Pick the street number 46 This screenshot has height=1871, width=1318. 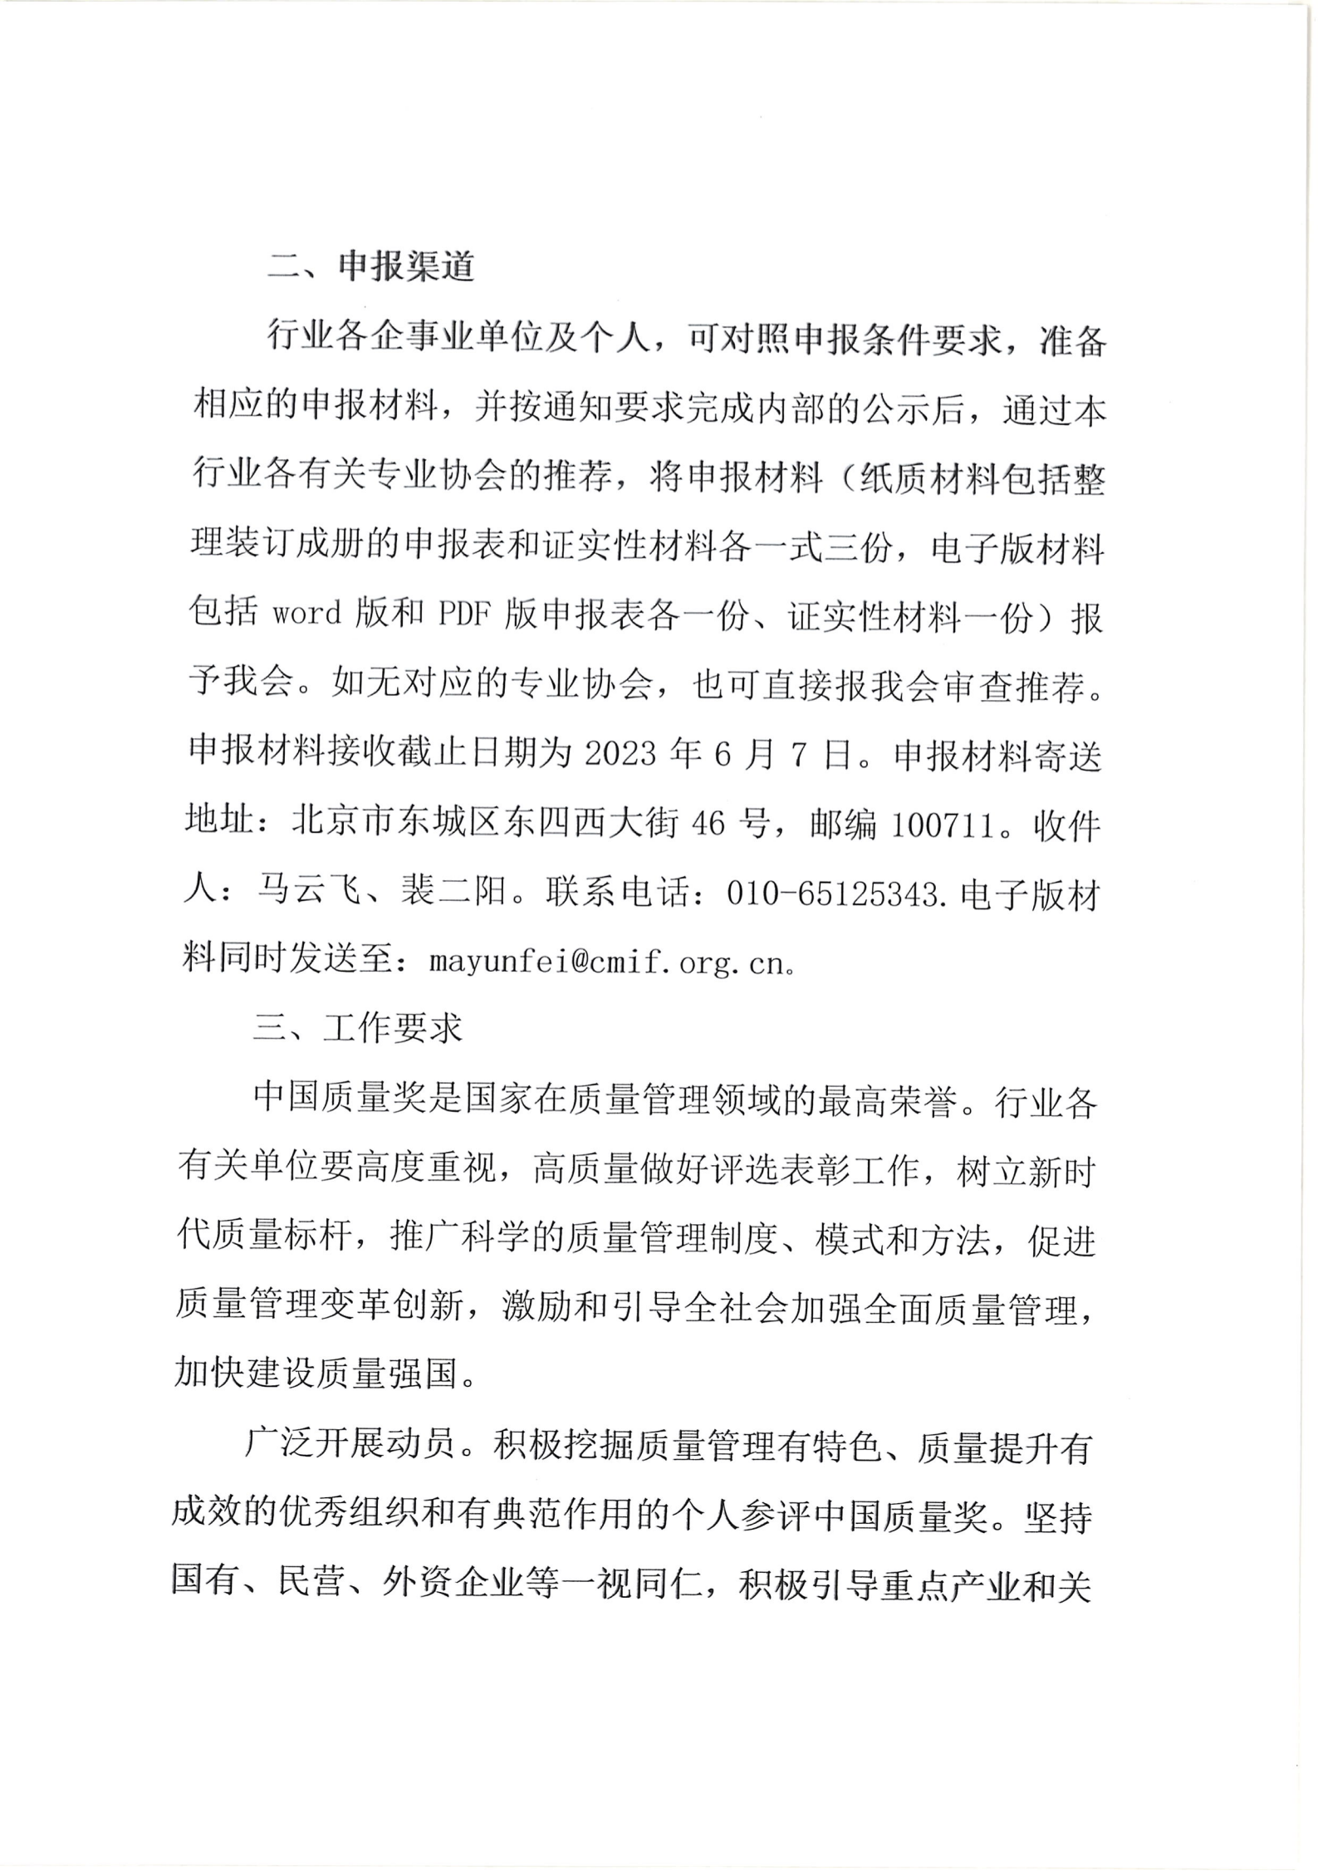coord(708,825)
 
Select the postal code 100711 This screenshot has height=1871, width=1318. coord(942,825)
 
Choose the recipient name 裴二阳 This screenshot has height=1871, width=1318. coord(453,894)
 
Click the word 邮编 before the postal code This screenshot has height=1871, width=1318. coord(843,825)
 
